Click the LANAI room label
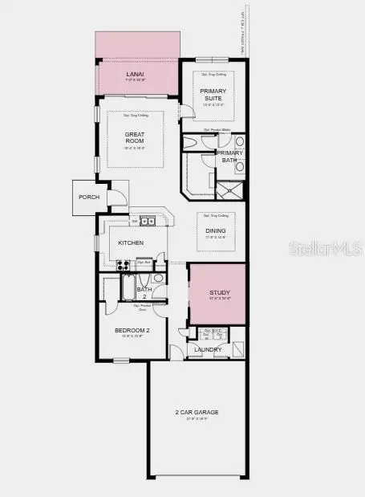pos(135,75)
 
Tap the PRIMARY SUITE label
pos(214,94)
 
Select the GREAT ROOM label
pos(133,137)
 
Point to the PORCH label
pos(89,197)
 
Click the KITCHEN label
pos(130,242)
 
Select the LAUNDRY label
pos(208,349)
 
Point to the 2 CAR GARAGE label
pos(197,413)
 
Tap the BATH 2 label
pos(144,290)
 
